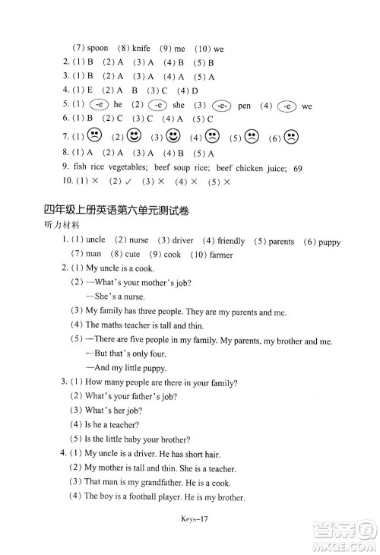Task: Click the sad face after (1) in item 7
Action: (x=94, y=137)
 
